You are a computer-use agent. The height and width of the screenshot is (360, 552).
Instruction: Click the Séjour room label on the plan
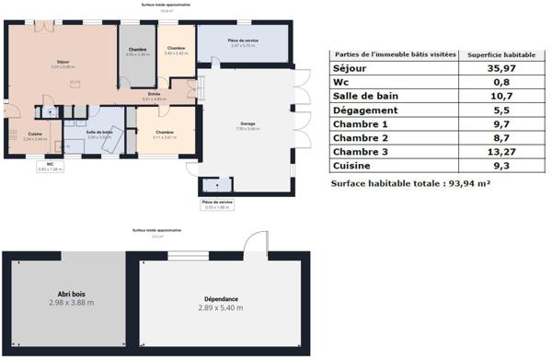[62, 63]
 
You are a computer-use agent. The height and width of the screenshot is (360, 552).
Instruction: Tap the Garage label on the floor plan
[247, 123]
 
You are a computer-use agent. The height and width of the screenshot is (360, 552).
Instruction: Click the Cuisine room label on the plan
[34, 135]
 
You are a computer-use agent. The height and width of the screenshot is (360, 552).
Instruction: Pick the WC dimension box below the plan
[51, 167]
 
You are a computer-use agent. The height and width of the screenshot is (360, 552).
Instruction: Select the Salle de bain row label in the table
[371, 96]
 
